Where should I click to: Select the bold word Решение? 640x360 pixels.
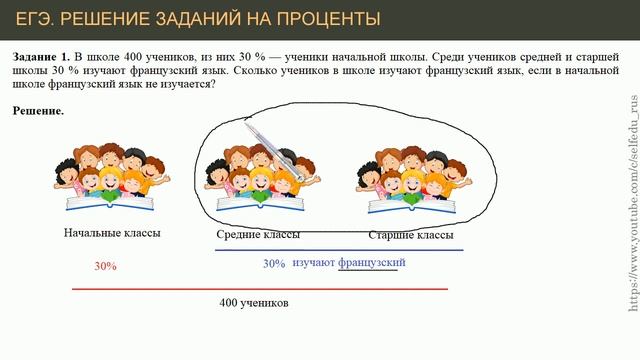(38, 111)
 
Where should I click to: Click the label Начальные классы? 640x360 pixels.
(111, 233)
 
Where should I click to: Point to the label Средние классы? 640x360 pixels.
(257, 234)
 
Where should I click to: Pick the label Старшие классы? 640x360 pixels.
(410, 234)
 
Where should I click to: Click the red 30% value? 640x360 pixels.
(105, 267)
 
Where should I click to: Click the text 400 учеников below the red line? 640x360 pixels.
(254, 302)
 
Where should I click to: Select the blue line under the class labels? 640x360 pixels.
(340, 248)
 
